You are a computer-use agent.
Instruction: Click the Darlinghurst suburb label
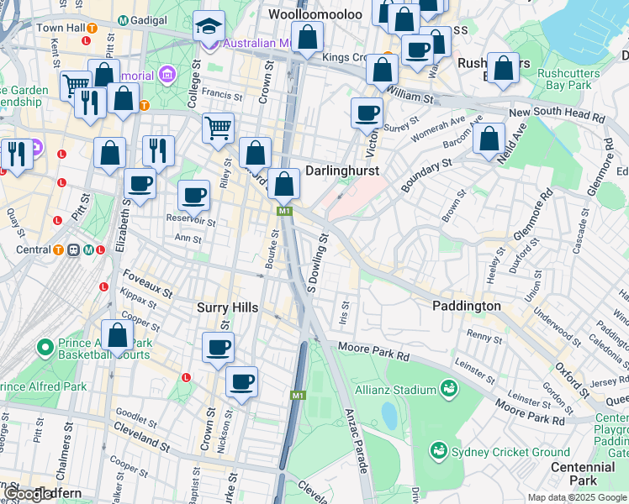341,171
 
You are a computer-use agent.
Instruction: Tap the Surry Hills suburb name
227,308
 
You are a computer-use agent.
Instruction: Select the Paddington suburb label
467,306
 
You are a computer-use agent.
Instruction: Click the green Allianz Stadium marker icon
449,389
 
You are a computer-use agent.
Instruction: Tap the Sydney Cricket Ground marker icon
437,451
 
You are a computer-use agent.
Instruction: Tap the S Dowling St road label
316,265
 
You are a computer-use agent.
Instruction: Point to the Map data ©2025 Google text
576,497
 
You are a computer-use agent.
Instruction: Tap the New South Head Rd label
556,114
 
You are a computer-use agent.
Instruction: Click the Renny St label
484,337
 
